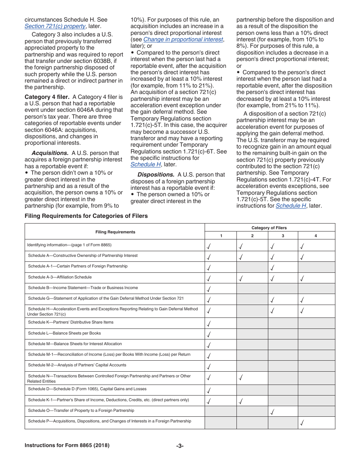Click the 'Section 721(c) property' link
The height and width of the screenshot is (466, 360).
click(x=55, y=26)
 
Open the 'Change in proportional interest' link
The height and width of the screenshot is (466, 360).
click(x=183, y=39)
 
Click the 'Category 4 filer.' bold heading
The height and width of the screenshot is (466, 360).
click(x=47, y=97)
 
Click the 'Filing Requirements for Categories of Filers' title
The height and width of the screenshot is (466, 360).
click(x=86, y=216)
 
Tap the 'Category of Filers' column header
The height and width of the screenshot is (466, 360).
click(x=269, y=228)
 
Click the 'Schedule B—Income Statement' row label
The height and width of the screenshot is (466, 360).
click(x=83, y=288)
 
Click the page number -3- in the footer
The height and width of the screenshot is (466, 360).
click(x=180, y=446)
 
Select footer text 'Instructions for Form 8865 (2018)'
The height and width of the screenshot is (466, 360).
click(x=67, y=446)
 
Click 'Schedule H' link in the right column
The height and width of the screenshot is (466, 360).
click(x=291, y=206)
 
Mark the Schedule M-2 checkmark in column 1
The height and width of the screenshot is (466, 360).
click(x=209, y=366)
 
